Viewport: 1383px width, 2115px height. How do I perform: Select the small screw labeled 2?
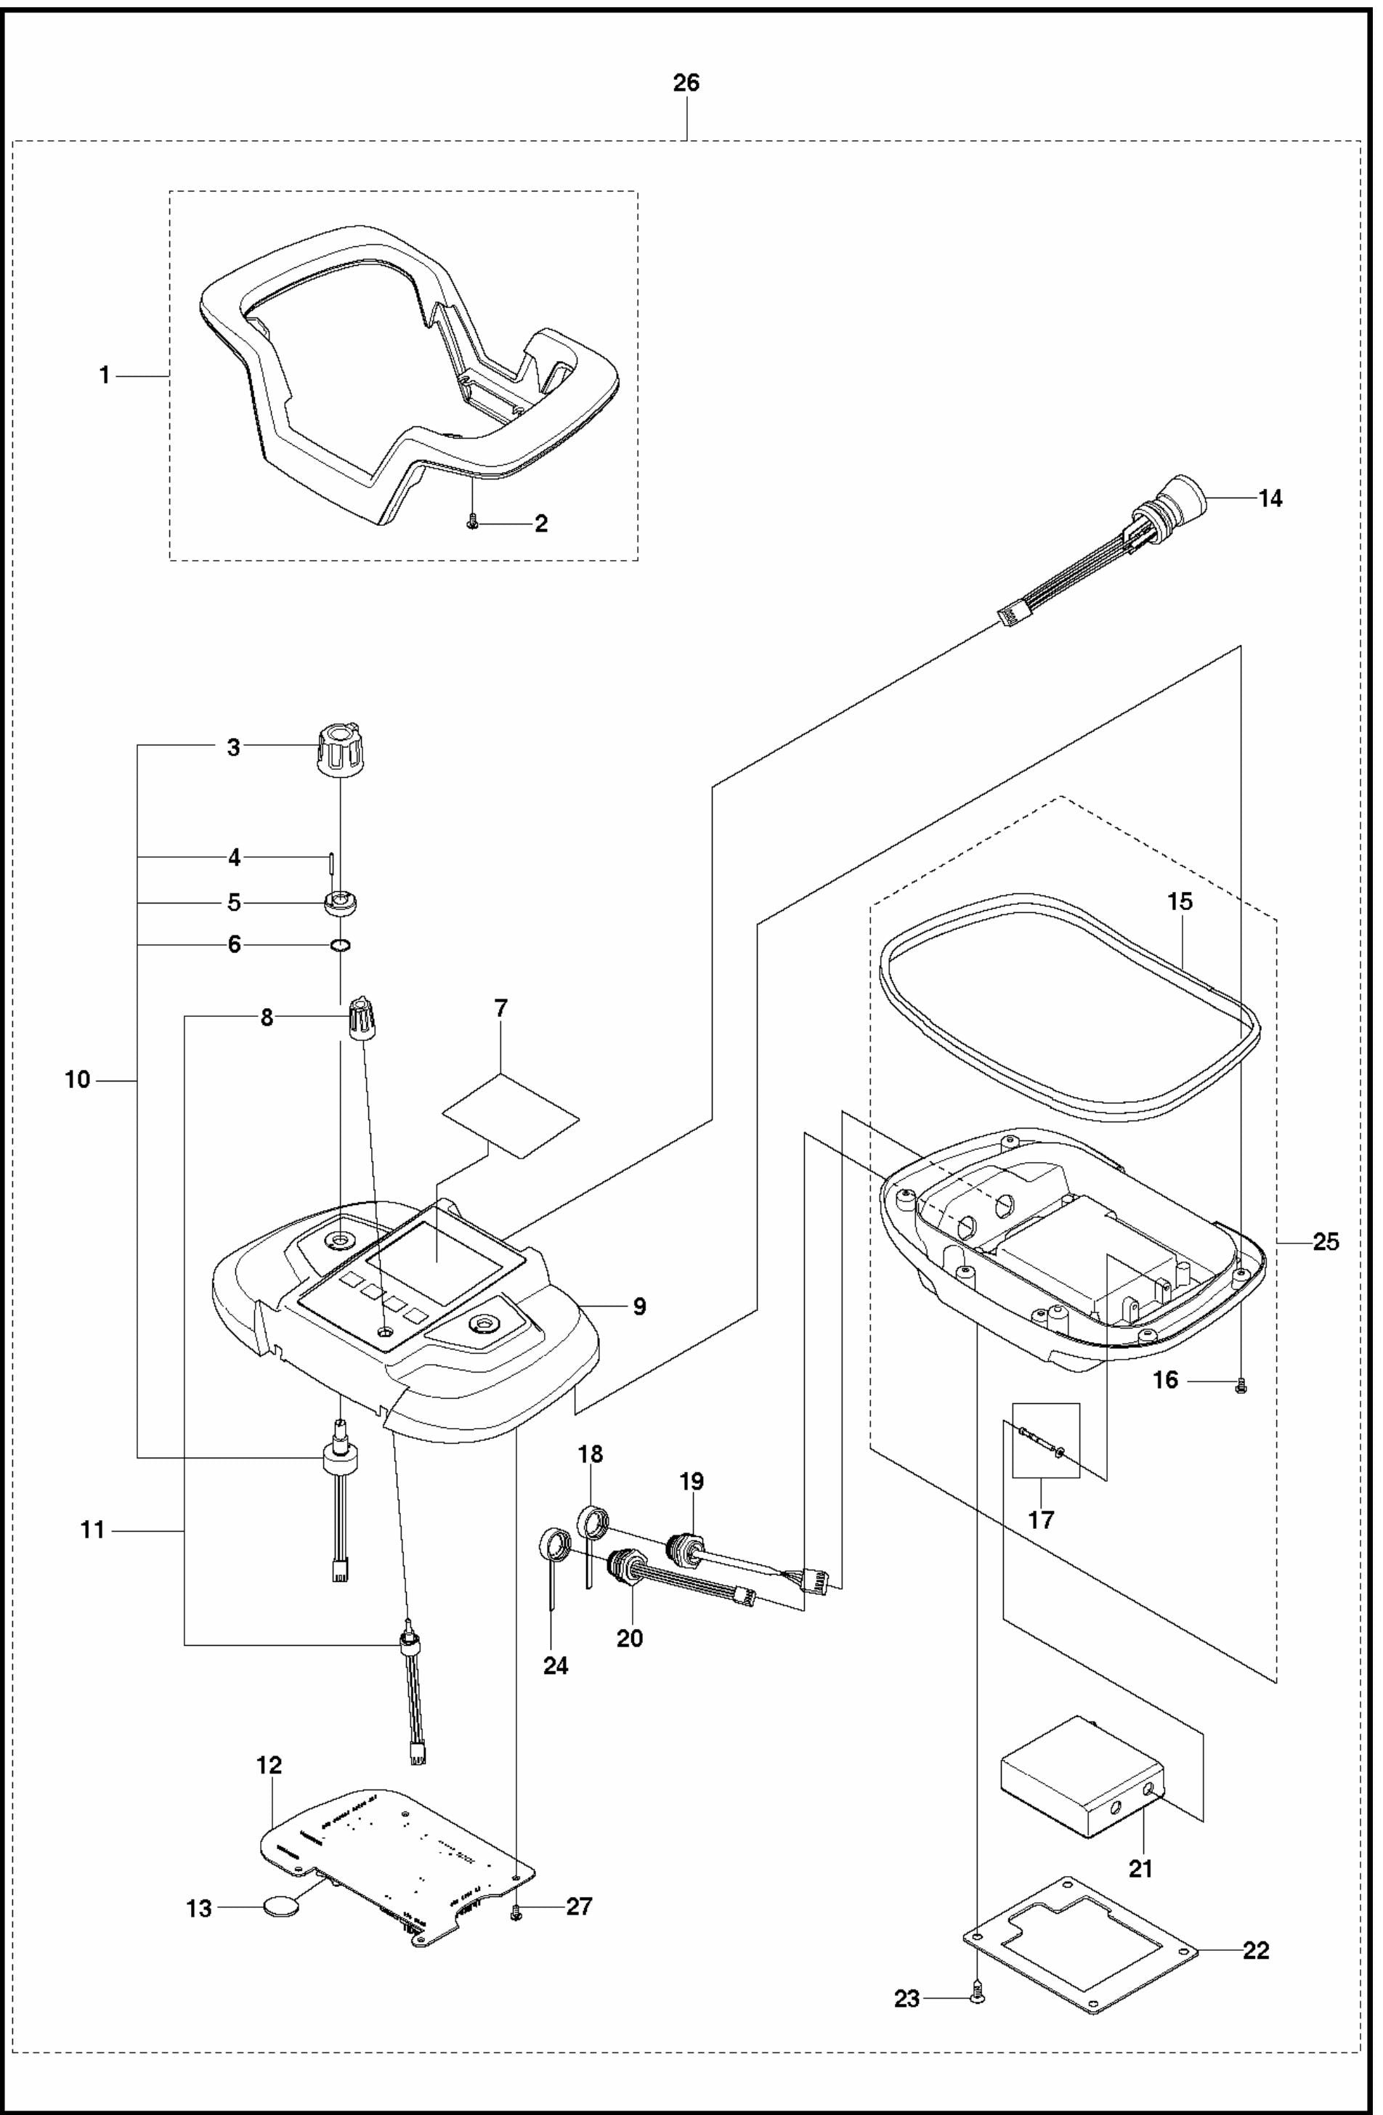pos(473,525)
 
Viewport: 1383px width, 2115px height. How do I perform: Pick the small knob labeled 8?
pos(360,1018)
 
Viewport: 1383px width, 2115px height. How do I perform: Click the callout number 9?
pos(640,1307)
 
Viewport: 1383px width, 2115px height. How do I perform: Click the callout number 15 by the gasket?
pos(1180,901)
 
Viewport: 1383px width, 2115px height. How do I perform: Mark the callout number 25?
pos(1325,1241)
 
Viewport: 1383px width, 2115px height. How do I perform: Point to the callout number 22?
pos(1255,1951)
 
